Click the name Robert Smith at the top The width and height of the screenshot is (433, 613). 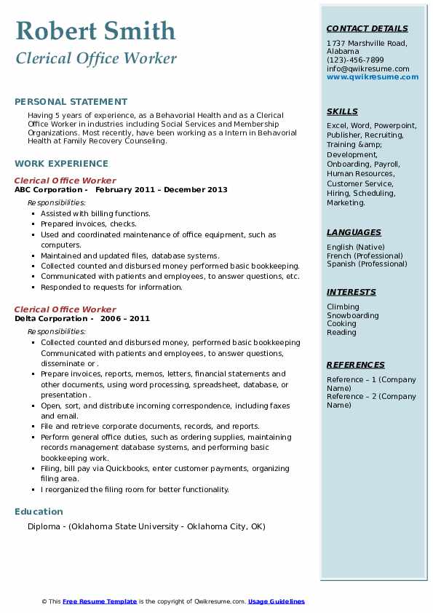(95, 31)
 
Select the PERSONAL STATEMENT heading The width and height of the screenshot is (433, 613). (71, 102)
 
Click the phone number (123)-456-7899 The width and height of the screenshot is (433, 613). (355, 60)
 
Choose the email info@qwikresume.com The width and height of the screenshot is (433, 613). (368, 68)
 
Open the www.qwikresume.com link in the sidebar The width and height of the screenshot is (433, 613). (373, 77)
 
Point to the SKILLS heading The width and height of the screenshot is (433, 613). (342, 111)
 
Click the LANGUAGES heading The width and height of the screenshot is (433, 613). (354, 232)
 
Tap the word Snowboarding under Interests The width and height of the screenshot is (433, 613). (353, 316)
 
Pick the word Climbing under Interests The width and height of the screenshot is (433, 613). (343, 307)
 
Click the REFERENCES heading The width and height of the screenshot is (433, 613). (356, 365)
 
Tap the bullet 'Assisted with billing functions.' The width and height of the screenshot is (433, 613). (95, 214)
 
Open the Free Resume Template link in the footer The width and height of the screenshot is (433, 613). (100, 601)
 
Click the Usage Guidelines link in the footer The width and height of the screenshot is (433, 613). (277, 601)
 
